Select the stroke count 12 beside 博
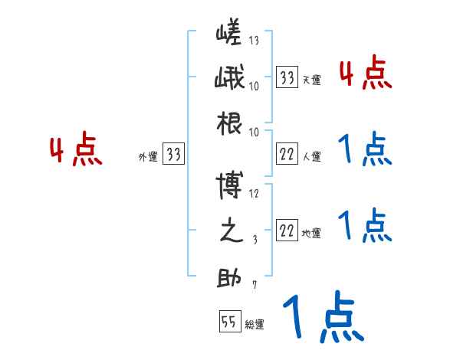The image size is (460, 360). point(254,194)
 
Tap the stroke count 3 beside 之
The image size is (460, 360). point(255,239)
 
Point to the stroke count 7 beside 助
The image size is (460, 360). point(255,285)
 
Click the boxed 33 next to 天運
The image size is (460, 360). point(287,77)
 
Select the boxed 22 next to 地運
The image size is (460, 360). point(287,230)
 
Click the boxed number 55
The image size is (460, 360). point(228,322)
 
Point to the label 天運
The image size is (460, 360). point(311,80)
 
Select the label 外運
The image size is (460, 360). point(147,157)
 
